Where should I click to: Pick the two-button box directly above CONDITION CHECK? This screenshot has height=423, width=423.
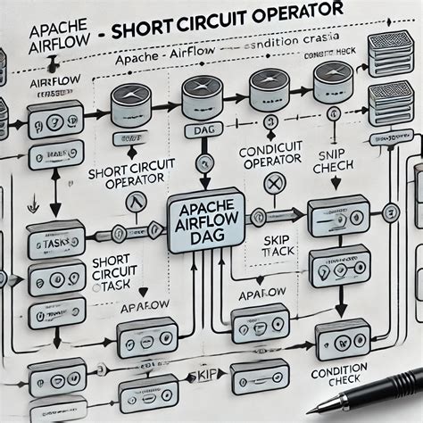click(x=342, y=339)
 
